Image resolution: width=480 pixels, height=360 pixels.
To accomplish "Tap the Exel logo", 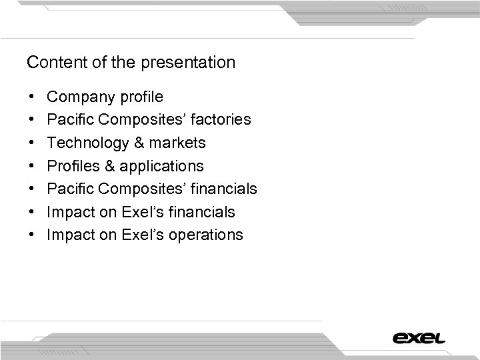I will pyautogui.click(x=419, y=337).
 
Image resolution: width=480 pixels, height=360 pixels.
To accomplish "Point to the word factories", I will pyautogui.click(x=219, y=120).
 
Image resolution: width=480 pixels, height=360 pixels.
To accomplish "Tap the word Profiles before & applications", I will pyautogui.click(x=72, y=166).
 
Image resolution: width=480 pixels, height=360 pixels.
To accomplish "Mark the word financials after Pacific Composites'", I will pyautogui.click(x=225, y=189).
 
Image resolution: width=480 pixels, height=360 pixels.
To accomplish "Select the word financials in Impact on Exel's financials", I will pyautogui.click(x=203, y=212).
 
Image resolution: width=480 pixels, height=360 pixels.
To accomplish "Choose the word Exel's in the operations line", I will pyautogui.click(x=142, y=235).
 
